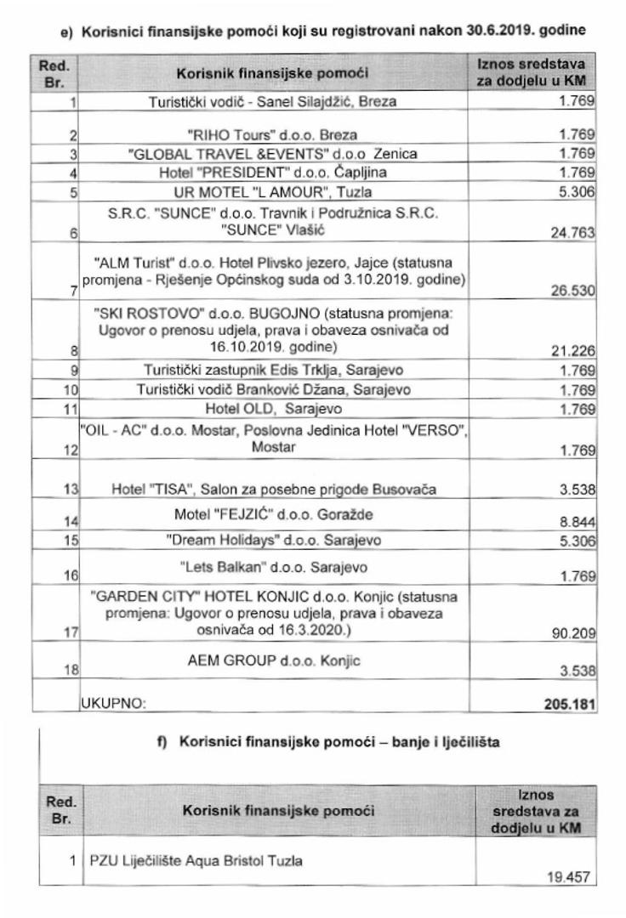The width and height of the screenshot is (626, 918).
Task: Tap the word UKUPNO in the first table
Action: point(113,704)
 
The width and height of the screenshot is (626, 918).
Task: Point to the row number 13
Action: point(71,490)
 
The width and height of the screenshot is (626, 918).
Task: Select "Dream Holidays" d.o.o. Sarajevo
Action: point(273,540)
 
